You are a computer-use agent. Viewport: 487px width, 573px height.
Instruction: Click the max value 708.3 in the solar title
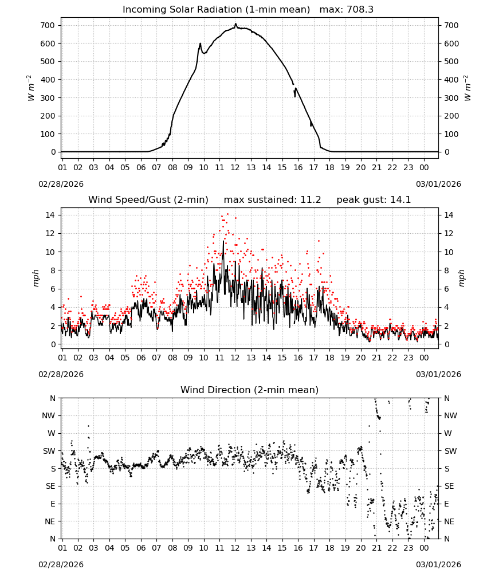point(359,10)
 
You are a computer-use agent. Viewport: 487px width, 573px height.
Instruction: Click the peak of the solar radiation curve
point(235,24)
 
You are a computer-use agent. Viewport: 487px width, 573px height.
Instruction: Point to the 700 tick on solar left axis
point(48,26)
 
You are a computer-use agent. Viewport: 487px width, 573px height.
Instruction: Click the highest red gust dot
point(227,214)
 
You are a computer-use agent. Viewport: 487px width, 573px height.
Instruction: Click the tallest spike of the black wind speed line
point(223,241)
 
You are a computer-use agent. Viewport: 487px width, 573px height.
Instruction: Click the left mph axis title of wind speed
point(36,278)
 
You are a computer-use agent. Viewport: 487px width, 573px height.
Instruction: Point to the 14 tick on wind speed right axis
point(449,215)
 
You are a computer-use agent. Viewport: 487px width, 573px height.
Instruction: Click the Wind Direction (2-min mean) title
point(250,390)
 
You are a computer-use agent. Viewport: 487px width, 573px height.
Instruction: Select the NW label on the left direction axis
point(49,416)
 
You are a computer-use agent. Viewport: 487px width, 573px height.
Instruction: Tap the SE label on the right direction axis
point(449,486)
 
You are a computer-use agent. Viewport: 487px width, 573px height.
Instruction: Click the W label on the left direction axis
point(51,433)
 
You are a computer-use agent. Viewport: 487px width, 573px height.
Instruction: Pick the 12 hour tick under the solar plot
point(235,167)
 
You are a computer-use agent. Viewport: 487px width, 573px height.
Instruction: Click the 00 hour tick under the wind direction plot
point(424,548)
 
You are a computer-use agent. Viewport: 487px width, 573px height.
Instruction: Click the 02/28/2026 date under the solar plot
point(61,184)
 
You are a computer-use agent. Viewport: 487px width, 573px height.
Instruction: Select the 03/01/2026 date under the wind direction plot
point(438,564)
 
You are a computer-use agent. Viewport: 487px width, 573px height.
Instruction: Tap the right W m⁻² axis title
point(468,88)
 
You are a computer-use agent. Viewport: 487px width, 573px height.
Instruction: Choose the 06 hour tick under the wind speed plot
point(141,358)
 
